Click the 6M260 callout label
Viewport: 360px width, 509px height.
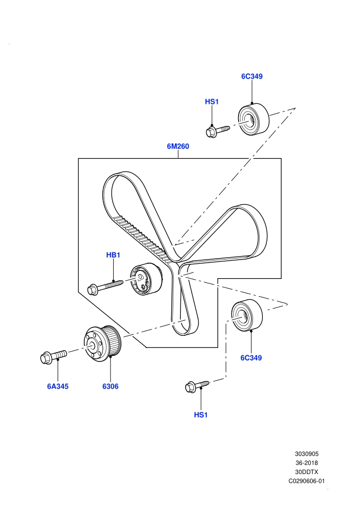click(x=178, y=147)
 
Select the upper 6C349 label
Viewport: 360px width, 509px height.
click(x=252, y=76)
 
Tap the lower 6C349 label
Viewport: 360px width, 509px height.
click(x=251, y=358)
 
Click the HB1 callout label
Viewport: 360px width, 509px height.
click(x=113, y=255)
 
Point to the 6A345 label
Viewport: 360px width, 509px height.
click(x=58, y=386)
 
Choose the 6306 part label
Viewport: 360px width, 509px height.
click(x=111, y=386)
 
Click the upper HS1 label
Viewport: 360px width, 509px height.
click(x=212, y=102)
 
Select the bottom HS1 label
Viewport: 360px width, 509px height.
click(x=201, y=415)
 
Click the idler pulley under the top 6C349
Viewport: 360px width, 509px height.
click(x=254, y=119)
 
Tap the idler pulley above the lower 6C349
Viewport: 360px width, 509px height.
click(x=247, y=315)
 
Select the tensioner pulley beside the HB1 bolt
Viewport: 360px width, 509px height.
click(x=146, y=279)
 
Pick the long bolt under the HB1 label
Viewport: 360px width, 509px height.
click(x=106, y=287)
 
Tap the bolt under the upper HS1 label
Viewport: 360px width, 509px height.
click(x=218, y=131)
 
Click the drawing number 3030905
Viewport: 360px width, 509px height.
click(x=307, y=454)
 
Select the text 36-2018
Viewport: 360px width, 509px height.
click(x=307, y=463)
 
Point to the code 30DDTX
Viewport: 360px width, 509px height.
click(x=307, y=472)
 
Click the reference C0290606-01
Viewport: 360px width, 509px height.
click(x=307, y=481)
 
